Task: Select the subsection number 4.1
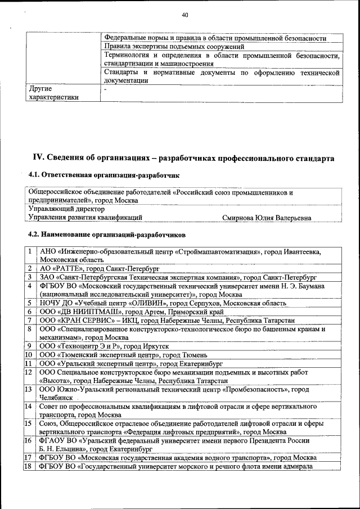tap(34, 176)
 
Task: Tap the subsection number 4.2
tap(34, 234)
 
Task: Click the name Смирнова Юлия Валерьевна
tap(266, 217)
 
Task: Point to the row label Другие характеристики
tap(51, 93)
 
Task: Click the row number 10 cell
tap(28, 355)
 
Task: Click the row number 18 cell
tap(28, 466)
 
